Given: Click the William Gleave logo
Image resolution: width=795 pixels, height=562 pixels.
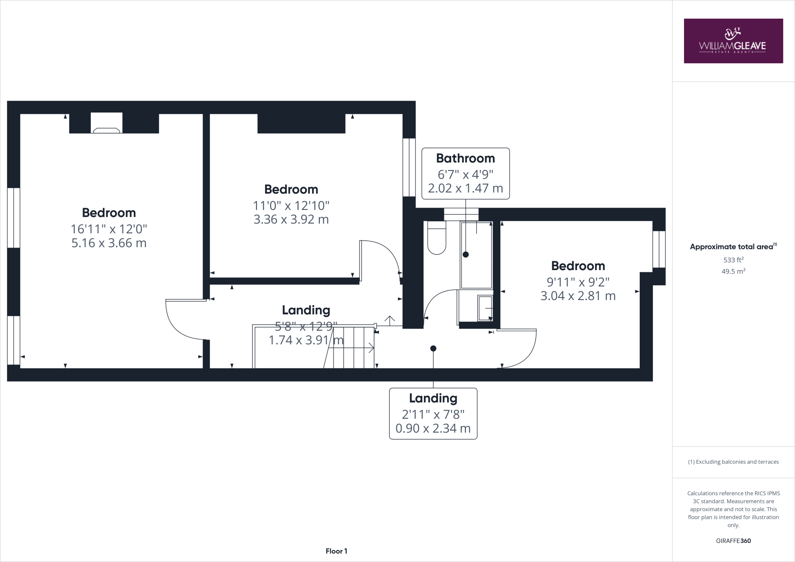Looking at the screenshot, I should pyautogui.click(x=733, y=41).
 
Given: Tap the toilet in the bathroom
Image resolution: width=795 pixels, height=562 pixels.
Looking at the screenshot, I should pyautogui.click(x=437, y=238).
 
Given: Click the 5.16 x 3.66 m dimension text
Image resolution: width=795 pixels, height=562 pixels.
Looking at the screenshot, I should pyautogui.click(x=109, y=243).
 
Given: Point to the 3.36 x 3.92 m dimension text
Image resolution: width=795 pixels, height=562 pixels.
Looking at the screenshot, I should pyautogui.click(x=291, y=220).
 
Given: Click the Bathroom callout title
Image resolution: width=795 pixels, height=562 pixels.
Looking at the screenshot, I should pyautogui.click(x=465, y=158).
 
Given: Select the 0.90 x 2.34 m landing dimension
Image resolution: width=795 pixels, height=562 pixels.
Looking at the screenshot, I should pyautogui.click(x=433, y=428).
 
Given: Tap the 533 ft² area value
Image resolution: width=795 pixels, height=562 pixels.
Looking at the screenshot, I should pyautogui.click(x=733, y=260).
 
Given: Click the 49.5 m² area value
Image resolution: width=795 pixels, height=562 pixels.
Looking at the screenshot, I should pyautogui.click(x=733, y=271).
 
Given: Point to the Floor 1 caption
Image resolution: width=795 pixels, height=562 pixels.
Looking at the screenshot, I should pyautogui.click(x=336, y=551).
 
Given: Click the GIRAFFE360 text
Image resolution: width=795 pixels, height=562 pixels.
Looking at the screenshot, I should pyautogui.click(x=733, y=541).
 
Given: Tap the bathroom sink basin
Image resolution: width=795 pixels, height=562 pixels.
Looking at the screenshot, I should pyautogui.click(x=485, y=309).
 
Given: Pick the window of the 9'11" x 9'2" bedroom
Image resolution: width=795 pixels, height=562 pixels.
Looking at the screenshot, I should pyautogui.click(x=659, y=249).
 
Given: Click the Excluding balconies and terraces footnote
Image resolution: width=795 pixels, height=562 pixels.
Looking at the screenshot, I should pyautogui.click(x=733, y=462).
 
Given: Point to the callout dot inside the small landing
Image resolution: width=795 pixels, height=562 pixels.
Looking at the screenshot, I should pyautogui.click(x=433, y=349).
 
